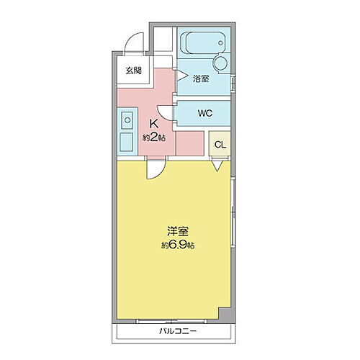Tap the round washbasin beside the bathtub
tap(220, 64)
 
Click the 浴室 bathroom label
tap(202, 79)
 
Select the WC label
tap(204, 113)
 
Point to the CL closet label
tap(220, 143)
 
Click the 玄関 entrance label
tap(134, 71)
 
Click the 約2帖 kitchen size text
tap(155, 137)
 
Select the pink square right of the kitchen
tap(189, 143)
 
